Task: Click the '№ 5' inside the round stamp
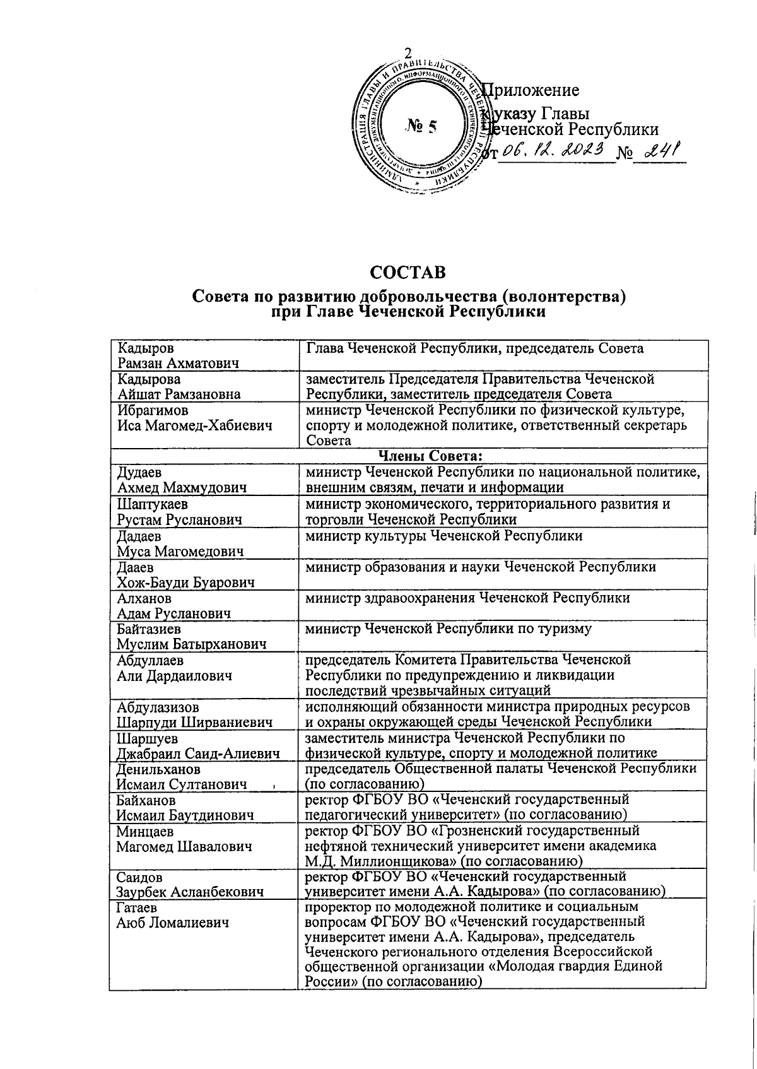pyautogui.click(x=421, y=127)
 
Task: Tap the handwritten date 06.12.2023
pyautogui.click(x=555, y=150)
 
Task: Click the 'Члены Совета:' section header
pyautogui.click(x=430, y=456)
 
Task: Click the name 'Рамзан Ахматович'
pyautogui.click(x=178, y=363)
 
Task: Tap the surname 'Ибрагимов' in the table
pyautogui.click(x=152, y=410)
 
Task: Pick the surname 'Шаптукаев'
pyautogui.click(x=152, y=504)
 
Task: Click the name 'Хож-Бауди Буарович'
pyautogui.click(x=185, y=582)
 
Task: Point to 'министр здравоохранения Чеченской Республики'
pyautogui.click(x=467, y=598)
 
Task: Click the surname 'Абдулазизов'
pyautogui.click(x=161, y=707)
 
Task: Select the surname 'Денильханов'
pyautogui.click(x=158, y=769)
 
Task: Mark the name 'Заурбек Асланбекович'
pyautogui.click(x=189, y=892)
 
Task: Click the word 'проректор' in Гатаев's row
pyautogui.click(x=336, y=907)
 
